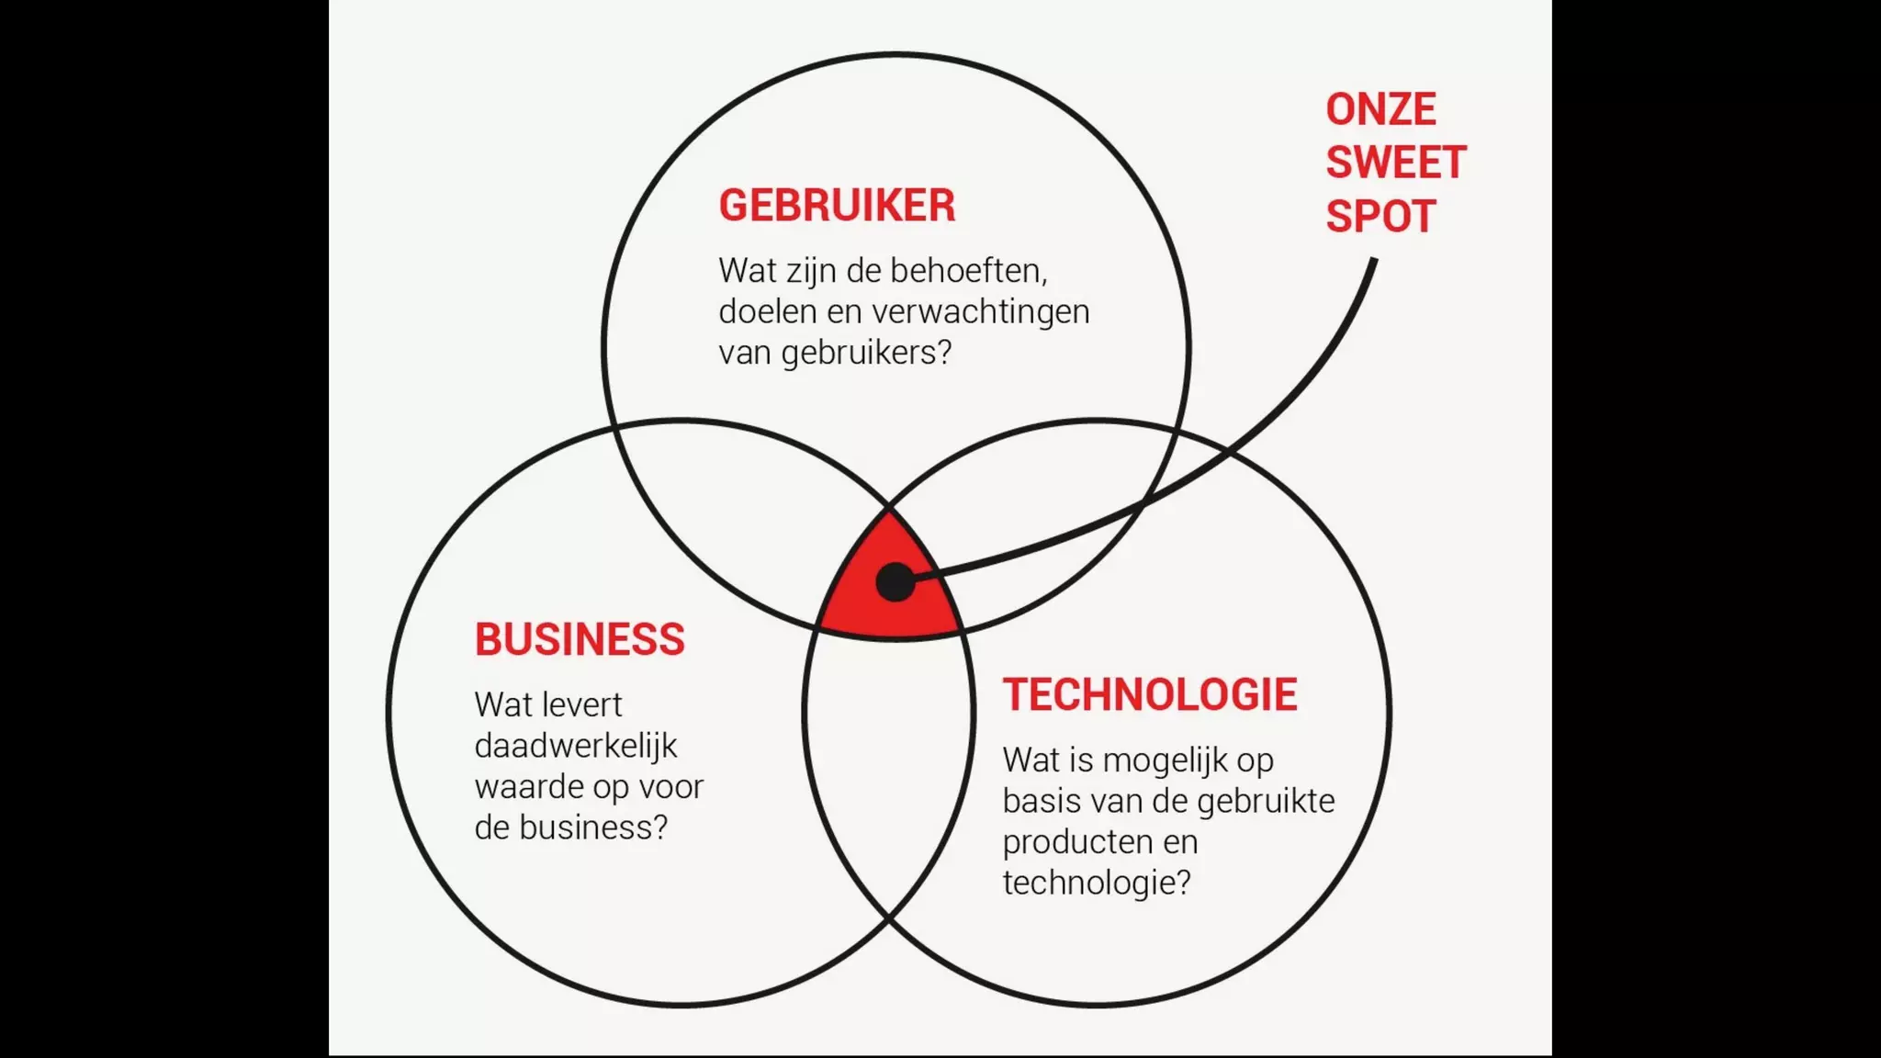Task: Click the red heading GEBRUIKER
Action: pos(837,205)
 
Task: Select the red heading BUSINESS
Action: pos(580,639)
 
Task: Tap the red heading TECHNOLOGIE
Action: pos(1150,694)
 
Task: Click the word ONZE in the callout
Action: pos(1380,110)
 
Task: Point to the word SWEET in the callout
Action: pos(1396,163)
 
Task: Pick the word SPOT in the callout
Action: pos(1380,217)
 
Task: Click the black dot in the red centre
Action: pos(895,582)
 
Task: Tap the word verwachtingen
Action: pos(981,312)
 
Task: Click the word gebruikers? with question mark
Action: pos(866,354)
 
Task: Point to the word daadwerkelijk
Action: pos(576,746)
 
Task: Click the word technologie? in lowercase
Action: pos(1097,883)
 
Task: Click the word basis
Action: pos(1042,801)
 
